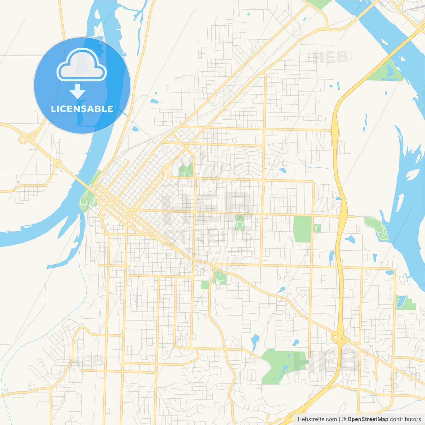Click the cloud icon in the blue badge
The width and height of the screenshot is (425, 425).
[82, 66]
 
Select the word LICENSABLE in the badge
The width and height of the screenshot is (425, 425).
[82, 109]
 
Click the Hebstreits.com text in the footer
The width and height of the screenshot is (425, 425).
[317, 419]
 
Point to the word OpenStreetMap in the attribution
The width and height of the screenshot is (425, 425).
[368, 419]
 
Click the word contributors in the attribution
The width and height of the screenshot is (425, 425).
[405, 419]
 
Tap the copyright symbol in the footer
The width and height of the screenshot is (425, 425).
[344, 419]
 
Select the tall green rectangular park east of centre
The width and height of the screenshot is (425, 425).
[302, 229]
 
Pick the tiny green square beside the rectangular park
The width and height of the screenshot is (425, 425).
[317, 228]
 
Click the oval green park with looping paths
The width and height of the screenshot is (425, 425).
[240, 222]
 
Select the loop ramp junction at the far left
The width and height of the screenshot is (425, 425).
[23, 139]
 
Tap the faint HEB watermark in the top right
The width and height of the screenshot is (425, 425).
[330, 57]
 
